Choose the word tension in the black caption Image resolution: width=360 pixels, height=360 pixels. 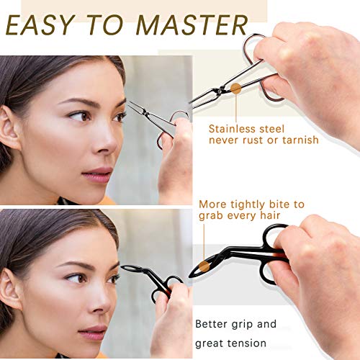click(250, 343)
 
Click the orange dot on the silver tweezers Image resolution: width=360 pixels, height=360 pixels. click(235, 89)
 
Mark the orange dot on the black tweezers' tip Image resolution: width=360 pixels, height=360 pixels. click(205, 266)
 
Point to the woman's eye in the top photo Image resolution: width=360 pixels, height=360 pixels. click(78, 114)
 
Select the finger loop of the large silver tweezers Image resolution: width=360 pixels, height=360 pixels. click(256, 49)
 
